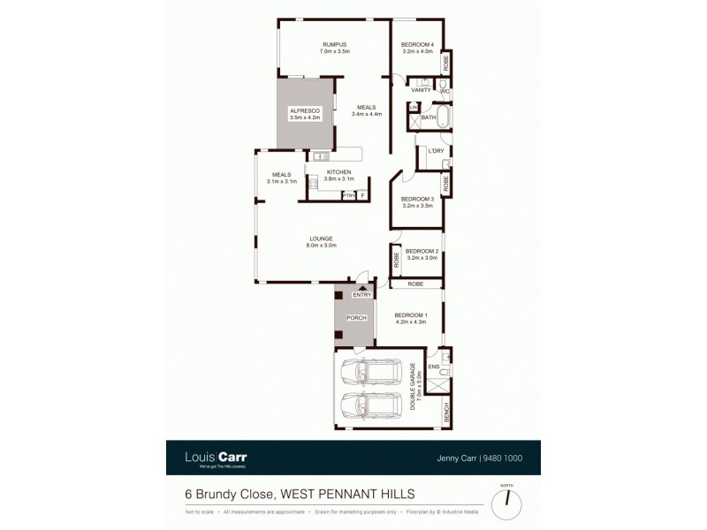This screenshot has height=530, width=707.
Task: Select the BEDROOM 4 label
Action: pyautogui.click(x=417, y=45)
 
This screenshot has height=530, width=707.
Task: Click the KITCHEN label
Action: pyautogui.click(x=338, y=171)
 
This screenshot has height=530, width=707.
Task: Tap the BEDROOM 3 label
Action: pyautogui.click(x=417, y=199)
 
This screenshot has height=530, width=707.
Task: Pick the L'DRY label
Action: pyautogui.click(x=435, y=151)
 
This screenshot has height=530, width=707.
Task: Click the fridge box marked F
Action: pyautogui.click(x=361, y=195)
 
